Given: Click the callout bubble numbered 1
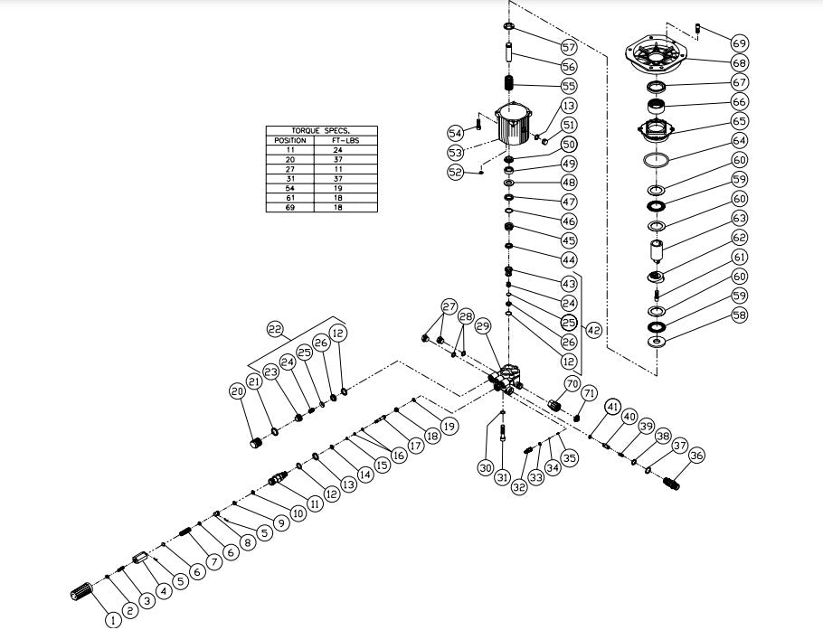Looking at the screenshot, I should (x=112, y=620).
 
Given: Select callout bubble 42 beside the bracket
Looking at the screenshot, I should (x=594, y=331).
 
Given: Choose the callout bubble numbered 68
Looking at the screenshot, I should (x=740, y=62).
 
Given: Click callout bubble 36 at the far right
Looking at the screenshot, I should (x=696, y=457).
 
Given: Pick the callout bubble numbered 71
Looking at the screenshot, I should (x=589, y=393).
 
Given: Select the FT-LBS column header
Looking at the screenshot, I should (x=345, y=140).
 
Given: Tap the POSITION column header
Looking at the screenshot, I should (x=289, y=140).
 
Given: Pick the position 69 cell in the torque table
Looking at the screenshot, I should (x=289, y=208).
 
